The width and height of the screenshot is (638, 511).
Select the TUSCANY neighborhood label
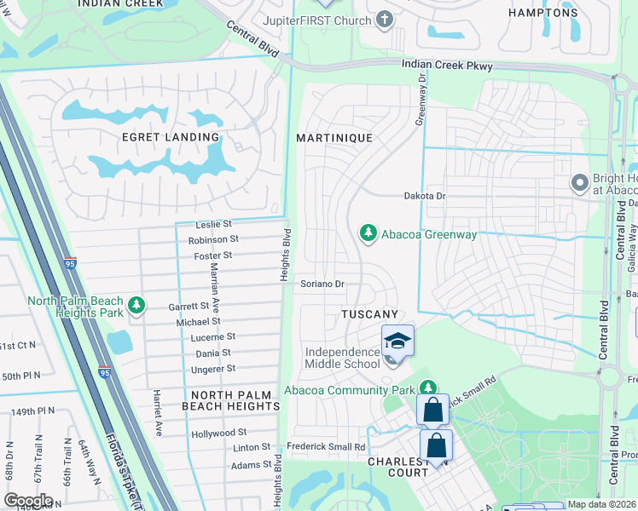pyautogui.click(x=369, y=315)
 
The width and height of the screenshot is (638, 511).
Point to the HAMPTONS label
pyautogui.click(x=542, y=13)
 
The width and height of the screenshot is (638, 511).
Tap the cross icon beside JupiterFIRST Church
pyautogui.click(x=385, y=19)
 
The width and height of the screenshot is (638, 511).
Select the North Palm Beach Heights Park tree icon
pyautogui.click(x=135, y=305)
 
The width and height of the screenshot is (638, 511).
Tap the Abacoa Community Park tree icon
pyautogui.click(x=428, y=389)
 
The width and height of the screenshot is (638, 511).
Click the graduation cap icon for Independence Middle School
pyautogui.click(x=397, y=341)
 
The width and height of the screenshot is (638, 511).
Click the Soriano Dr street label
pyautogui.click(x=322, y=284)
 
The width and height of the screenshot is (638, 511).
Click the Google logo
pyautogui.click(x=28, y=501)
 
